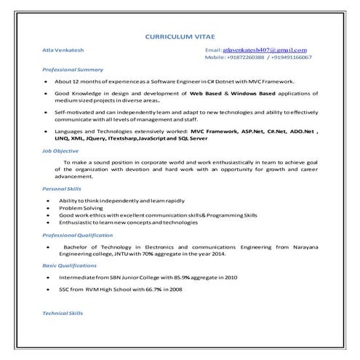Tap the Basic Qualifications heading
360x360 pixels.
72,266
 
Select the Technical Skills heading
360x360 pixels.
64,314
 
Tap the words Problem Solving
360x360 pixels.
81,207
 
